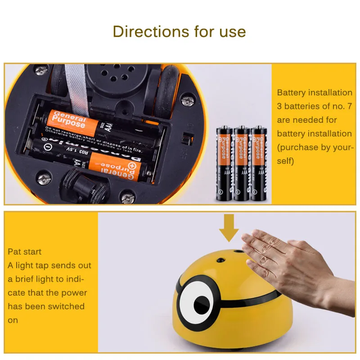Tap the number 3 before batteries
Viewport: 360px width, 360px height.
click(x=279, y=106)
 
